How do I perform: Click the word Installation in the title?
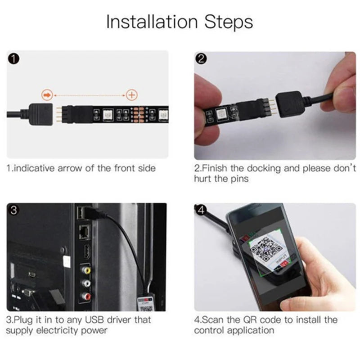pyautogui.click(x=151, y=22)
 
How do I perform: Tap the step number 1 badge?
pyautogui.click(x=15, y=58)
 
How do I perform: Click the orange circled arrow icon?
pyautogui.click(x=47, y=94)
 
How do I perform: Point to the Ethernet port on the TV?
pyautogui.click(x=84, y=232)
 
